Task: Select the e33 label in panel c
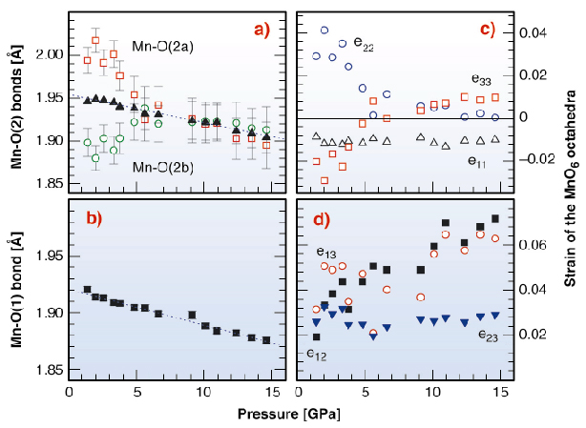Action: point(482,80)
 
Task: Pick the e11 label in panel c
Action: point(478,162)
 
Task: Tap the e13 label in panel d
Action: point(327,253)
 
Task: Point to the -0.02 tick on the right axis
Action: point(530,158)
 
